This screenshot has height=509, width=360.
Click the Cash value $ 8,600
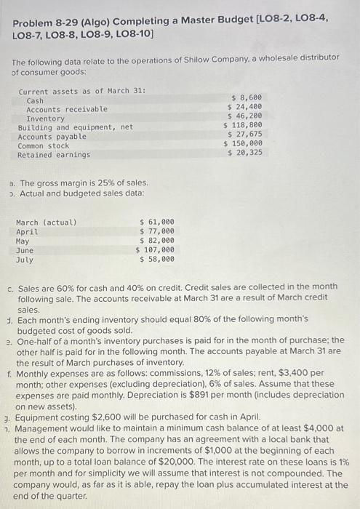tap(247, 97)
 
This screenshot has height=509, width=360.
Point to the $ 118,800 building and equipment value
tap(243, 125)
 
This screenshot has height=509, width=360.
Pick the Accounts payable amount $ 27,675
tap(245, 135)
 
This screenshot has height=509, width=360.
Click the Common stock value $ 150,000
tap(243, 143)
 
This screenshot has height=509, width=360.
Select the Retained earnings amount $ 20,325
tap(245, 153)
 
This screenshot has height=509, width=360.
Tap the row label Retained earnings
tap(54, 155)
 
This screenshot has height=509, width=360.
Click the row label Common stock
tap(44, 145)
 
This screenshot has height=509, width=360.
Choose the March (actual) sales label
tap(46, 222)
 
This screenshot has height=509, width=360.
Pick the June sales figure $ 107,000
tap(155, 249)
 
